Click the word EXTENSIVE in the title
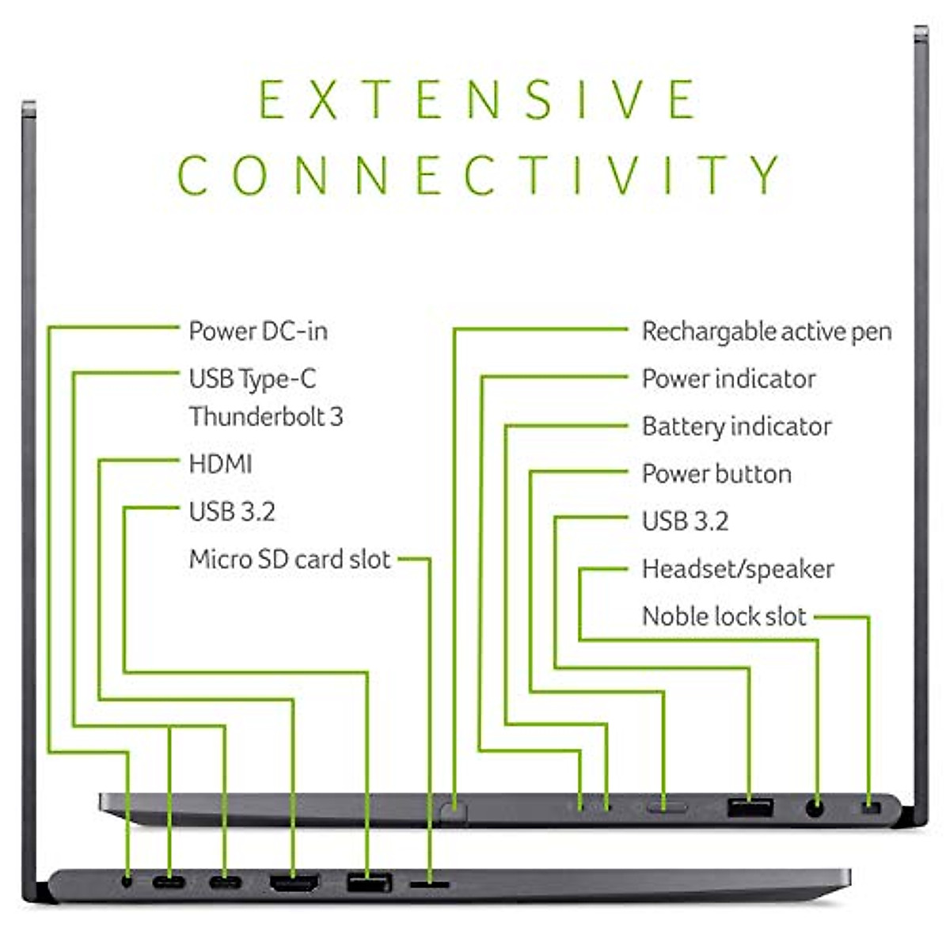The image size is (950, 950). coord(477,100)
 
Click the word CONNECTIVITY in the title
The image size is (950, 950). coord(479,175)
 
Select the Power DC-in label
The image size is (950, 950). coord(258,331)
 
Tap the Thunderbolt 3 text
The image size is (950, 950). coord(266,416)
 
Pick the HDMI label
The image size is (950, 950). coord(220,464)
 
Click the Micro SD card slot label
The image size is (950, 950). coord(290,560)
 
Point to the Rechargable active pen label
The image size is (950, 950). coord(766,332)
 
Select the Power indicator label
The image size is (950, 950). coord(728,379)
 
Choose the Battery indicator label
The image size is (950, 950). coord(736,427)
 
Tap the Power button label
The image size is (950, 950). coord(716,474)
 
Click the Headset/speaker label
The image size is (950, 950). coord(738,569)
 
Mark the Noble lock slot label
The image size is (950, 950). coord(724,617)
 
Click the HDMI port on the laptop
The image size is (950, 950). coord(294,881)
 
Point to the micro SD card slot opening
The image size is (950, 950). coord(430,881)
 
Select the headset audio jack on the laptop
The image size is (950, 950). coord(815,808)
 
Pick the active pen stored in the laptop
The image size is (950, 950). coord(454,811)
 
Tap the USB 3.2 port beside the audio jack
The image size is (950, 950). coord(749,808)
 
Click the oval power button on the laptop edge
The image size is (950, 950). coord(666,808)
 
